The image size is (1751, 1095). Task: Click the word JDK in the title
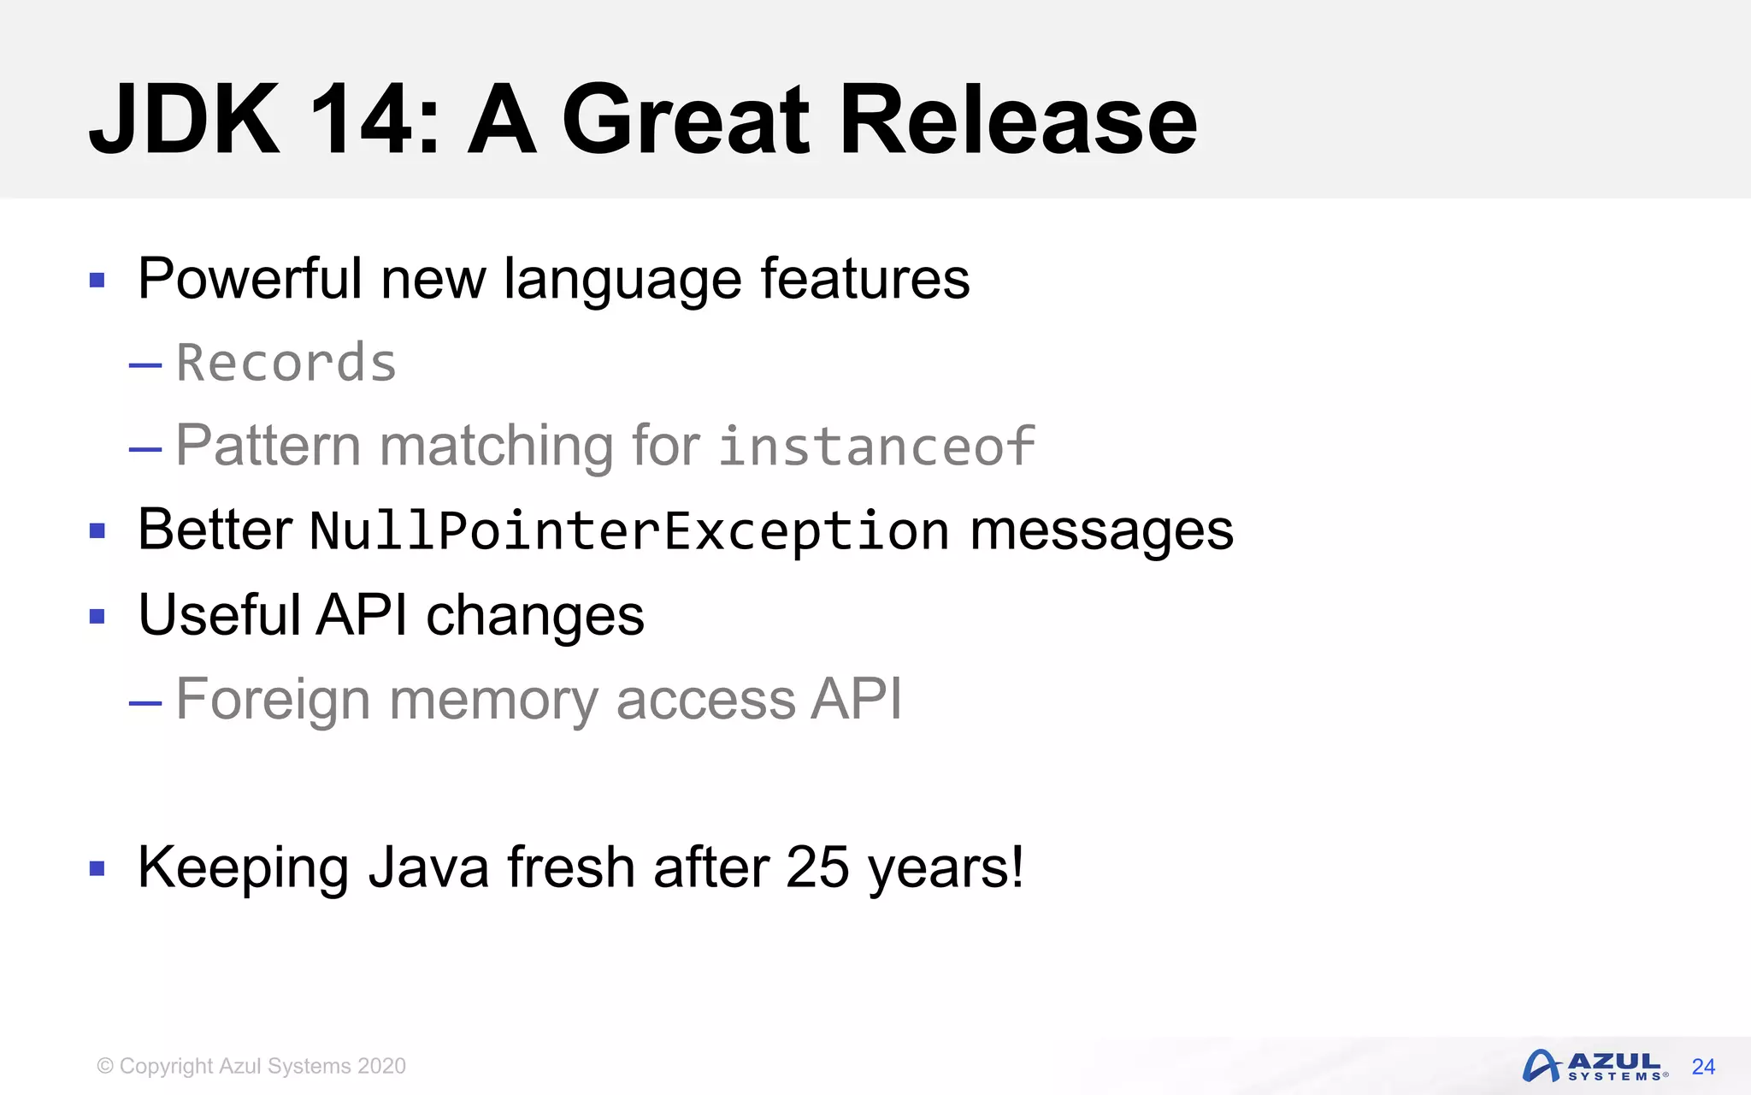[185, 120]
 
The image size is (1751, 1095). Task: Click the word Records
[286, 363]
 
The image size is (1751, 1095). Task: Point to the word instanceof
[876, 446]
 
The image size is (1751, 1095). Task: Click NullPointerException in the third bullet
[629, 530]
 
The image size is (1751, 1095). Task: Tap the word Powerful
[250, 279]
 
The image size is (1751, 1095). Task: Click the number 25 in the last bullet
[817, 867]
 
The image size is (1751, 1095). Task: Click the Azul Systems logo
[1594, 1066]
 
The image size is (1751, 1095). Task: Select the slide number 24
[1703, 1067]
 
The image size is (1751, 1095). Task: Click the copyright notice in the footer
[251, 1066]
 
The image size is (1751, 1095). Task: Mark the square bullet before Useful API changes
[97, 617]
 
